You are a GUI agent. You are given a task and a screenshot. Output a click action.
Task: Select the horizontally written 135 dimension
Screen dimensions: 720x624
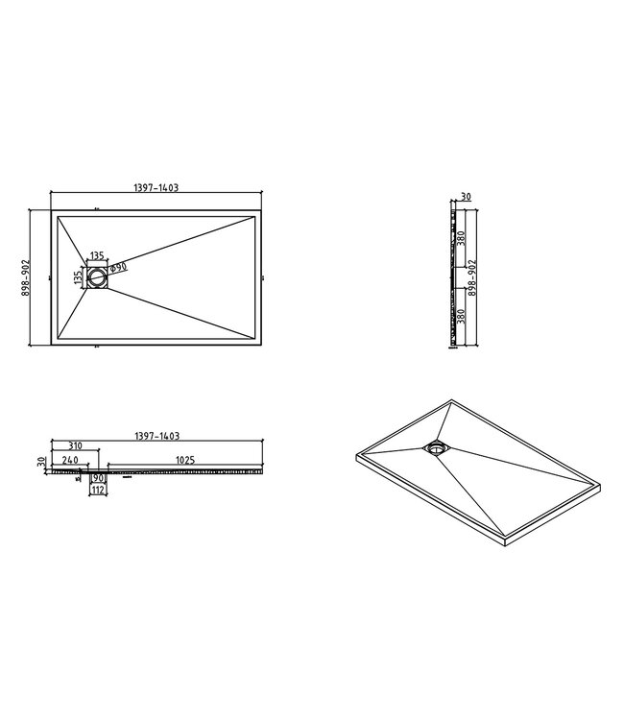pos(97,257)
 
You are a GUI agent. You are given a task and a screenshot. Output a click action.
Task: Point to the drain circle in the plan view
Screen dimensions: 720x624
pos(97,276)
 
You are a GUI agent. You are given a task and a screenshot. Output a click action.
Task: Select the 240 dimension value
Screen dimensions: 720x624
pos(69,461)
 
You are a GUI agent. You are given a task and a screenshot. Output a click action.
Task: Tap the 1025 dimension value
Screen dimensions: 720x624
pos(185,461)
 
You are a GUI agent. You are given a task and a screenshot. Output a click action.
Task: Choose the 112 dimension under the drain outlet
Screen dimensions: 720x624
pos(97,490)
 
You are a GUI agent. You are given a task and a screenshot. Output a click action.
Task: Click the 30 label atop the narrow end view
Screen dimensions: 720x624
pos(467,196)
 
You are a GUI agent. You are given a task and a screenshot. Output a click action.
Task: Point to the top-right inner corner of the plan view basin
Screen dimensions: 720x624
pos(256,219)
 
